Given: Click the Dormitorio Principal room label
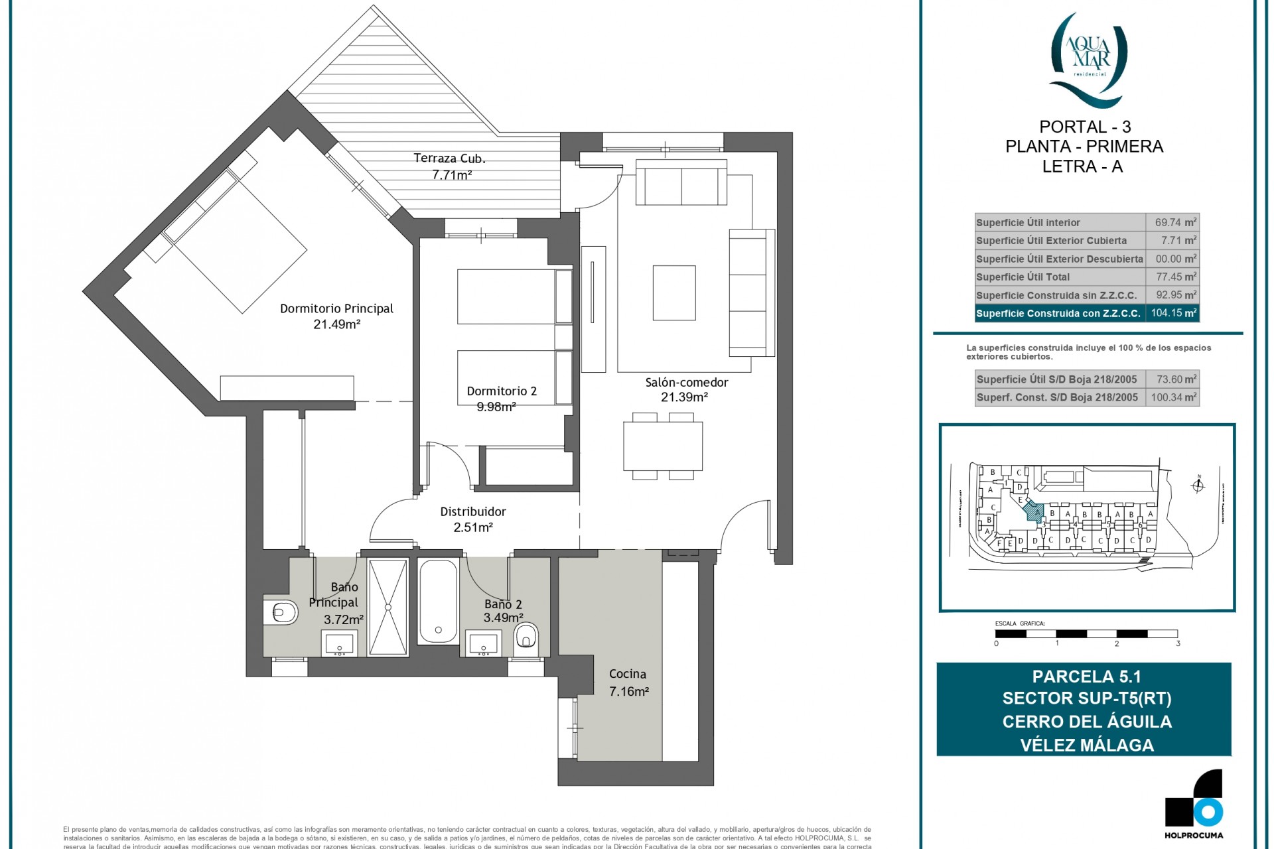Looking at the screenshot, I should [336, 308].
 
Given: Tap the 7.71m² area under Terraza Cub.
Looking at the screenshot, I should [451, 175].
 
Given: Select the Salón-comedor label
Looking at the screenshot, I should [686, 383].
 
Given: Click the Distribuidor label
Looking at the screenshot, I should [472, 511].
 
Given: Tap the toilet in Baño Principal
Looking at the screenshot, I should [282, 612].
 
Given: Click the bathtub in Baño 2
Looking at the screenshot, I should [438, 601].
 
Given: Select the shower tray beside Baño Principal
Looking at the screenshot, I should [388, 607].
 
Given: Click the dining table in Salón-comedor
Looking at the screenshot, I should [662, 446].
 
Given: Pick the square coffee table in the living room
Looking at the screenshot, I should [673, 293].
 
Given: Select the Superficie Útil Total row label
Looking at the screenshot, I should [1022, 277].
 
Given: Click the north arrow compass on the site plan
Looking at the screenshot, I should [1198, 486].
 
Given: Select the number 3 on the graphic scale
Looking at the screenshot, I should [1177, 643].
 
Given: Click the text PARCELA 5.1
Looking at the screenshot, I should [1086, 677].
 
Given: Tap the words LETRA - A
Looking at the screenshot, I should [1082, 166].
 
